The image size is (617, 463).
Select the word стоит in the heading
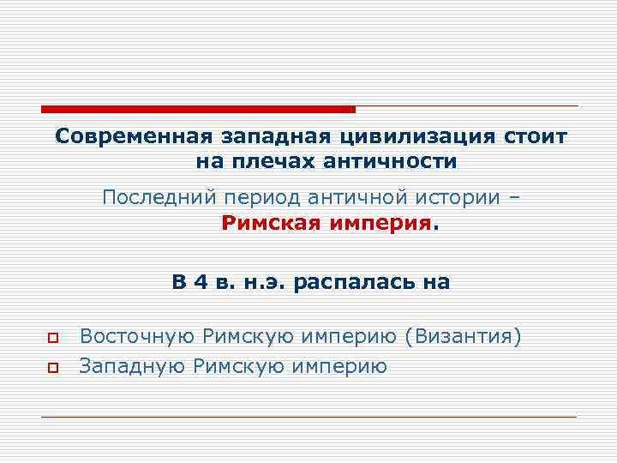536,137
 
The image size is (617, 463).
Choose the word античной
351,198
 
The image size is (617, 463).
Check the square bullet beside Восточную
52,337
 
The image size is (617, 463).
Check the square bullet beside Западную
52,368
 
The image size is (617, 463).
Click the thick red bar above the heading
198,109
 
